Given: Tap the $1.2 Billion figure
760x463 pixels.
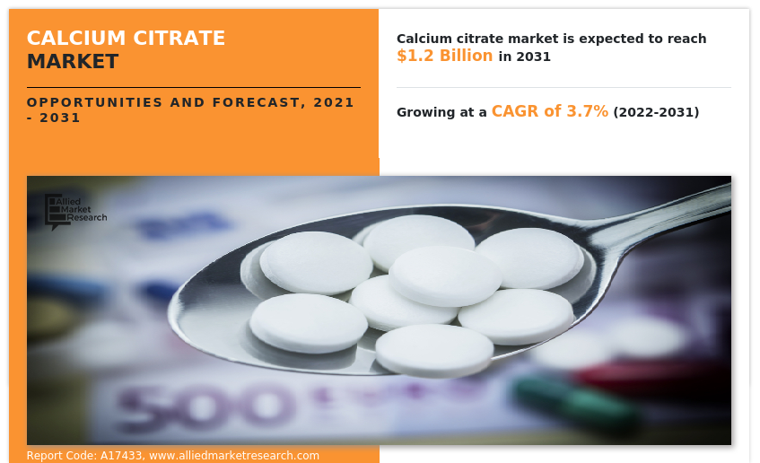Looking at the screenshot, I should [x=444, y=56].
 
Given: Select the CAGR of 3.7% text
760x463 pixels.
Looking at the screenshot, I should [x=549, y=111].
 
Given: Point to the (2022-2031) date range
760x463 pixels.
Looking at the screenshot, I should [x=656, y=112].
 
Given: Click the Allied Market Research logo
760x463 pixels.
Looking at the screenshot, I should [x=76, y=211].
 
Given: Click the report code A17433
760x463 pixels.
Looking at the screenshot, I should [x=120, y=456].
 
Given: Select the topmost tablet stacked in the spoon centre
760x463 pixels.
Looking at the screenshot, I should [x=446, y=275].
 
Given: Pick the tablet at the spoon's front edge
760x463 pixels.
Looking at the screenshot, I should [x=433, y=349].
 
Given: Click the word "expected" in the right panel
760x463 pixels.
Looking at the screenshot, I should [x=603, y=39].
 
